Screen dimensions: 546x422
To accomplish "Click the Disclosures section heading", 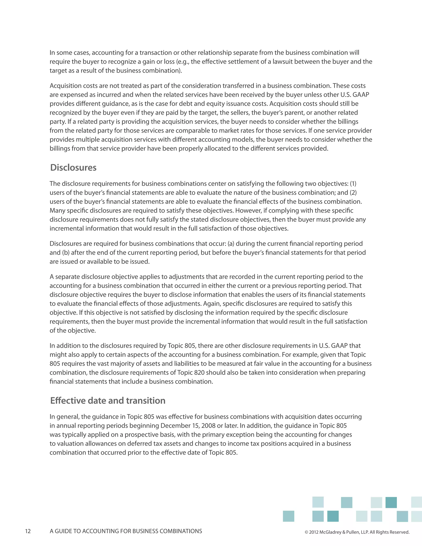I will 73,168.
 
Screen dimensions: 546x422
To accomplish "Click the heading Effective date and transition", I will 108,401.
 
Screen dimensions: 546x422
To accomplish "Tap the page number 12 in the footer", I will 28,531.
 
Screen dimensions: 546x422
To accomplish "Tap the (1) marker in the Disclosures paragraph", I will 353,184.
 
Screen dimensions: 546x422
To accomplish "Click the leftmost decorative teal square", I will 288,516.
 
